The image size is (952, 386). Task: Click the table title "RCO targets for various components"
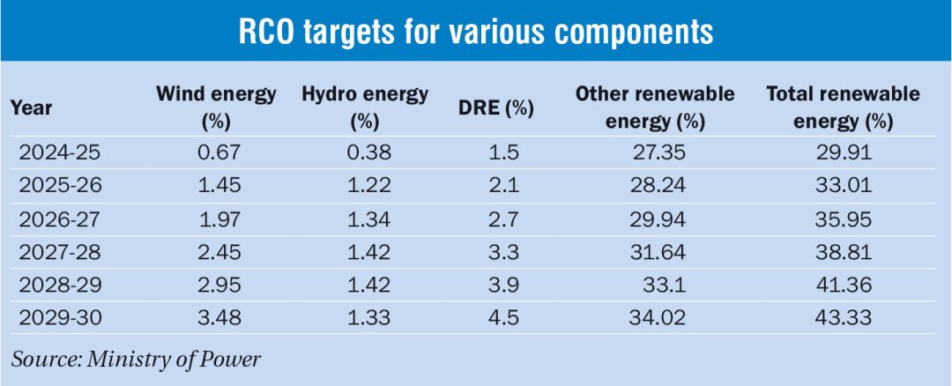pyautogui.click(x=476, y=33)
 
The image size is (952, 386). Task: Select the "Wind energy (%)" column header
pyautogui.click(x=216, y=108)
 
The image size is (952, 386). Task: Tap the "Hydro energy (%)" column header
pyautogui.click(x=364, y=108)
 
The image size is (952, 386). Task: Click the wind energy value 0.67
pyautogui.click(x=216, y=152)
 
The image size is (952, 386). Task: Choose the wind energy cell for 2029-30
pyautogui.click(x=216, y=317)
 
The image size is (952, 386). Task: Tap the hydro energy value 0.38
pyautogui.click(x=364, y=152)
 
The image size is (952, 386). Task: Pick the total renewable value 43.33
pyautogui.click(x=843, y=317)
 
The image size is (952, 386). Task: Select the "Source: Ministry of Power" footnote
pyautogui.click(x=137, y=359)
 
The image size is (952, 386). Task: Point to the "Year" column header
pyautogui.click(x=32, y=108)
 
